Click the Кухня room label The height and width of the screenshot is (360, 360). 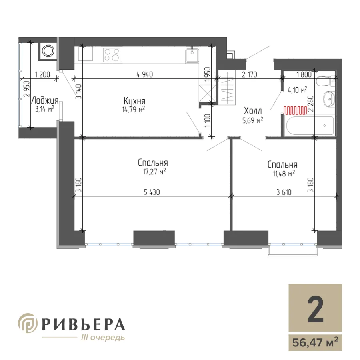(x=134, y=101)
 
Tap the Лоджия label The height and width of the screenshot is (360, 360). (x=44, y=100)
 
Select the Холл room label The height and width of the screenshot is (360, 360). (x=253, y=111)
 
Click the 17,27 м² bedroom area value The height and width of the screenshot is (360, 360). (x=154, y=172)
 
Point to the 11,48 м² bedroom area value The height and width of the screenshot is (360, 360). (x=284, y=174)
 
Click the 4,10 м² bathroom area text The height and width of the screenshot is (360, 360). (x=298, y=90)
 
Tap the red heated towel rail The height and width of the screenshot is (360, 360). (x=295, y=110)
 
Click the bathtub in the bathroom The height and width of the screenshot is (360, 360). (x=309, y=126)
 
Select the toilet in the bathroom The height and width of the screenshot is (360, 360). (x=324, y=81)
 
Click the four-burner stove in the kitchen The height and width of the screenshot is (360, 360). (x=112, y=55)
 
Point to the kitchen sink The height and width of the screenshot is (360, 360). (x=192, y=55)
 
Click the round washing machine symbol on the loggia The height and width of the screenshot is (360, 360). (x=48, y=51)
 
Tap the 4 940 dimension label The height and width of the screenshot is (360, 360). (x=145, y=74)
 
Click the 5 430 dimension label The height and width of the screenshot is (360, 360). (x=152, y=192)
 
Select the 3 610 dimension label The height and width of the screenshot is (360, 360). (x=284, y=192)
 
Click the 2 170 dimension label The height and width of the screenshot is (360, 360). (x=250, y=74)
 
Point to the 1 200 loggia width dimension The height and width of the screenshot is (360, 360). (x=42, y=75)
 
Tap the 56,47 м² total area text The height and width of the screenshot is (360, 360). (x=315, y=343)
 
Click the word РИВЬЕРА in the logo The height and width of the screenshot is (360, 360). (x=83, y=324)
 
